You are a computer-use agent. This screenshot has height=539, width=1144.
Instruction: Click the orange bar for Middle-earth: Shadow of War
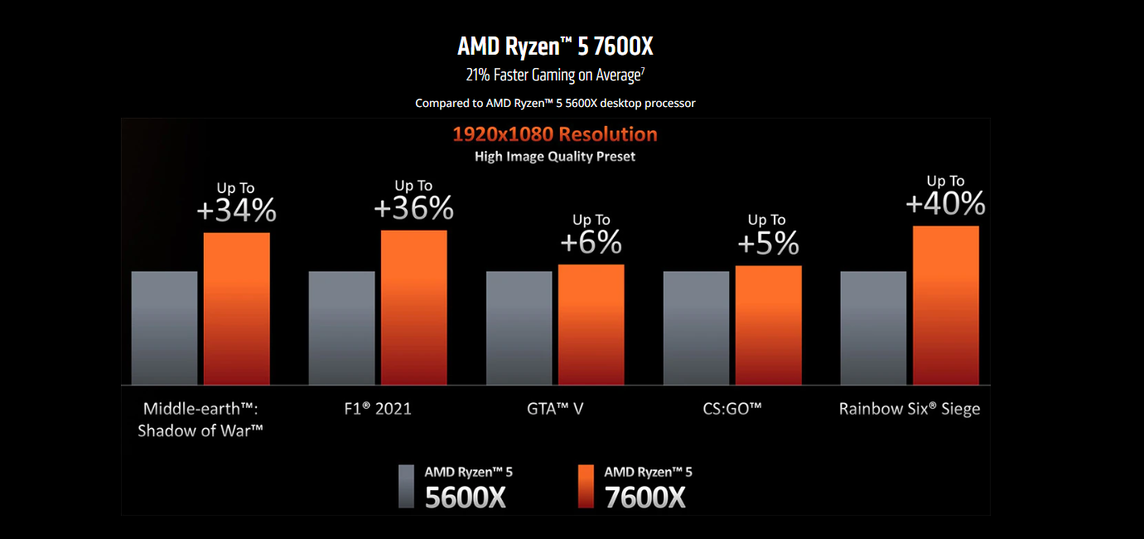click(236, 308)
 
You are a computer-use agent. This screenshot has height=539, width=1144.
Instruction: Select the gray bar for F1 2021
click(341, 328)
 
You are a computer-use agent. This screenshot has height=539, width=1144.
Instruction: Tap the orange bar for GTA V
click(591, 324)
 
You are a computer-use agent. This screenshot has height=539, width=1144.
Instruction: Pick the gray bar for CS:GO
click(696, 328)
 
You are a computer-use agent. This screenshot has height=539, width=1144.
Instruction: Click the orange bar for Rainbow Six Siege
click(945, 305)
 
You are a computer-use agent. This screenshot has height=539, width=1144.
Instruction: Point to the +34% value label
click(236, 211)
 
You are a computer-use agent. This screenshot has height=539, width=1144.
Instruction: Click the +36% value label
click(413, 209)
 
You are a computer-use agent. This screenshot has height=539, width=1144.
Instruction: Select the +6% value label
click(591, 242)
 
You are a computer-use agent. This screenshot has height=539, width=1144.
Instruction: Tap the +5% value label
click(768, 243)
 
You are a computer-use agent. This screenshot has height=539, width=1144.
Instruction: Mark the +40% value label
click(945, 204)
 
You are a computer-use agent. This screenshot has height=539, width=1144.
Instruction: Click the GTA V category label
click(555, 409)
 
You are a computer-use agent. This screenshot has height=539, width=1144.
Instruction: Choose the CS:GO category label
click(732, 409)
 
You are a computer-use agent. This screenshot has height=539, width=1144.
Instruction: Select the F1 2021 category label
click(378, 409)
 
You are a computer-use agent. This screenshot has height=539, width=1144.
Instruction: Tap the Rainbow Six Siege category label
click(910, 409)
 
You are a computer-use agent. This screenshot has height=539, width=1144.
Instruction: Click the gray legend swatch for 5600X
click(406, 486)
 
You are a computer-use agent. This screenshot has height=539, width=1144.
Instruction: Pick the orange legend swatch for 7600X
click(586, 486)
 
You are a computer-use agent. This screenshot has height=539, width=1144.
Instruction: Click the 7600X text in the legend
click(644, 497)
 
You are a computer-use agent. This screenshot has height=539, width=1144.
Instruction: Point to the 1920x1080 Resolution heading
click(555, 134)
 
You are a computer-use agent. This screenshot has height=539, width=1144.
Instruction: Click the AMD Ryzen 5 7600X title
click(555, 46)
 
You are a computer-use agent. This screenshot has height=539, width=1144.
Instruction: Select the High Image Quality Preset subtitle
click(555, 156)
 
